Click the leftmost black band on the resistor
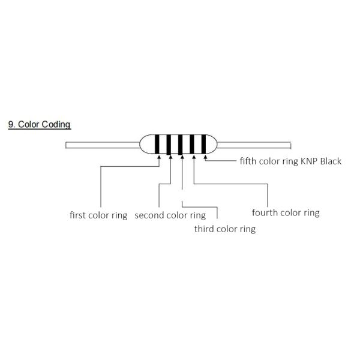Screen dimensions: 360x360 [x=159, y=145]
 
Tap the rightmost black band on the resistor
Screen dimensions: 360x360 [x=204, y=145]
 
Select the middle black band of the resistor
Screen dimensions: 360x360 [x=181, y=145]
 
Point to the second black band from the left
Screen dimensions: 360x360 [x=170, y=145]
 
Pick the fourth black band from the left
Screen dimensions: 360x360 [x=193, y=145]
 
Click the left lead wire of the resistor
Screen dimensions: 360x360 [x=102, y=145]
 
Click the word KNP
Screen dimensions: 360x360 [x=309, y=161]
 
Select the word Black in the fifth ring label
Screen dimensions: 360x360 [x=331, y=161]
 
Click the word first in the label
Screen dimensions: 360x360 [x=78, y=215]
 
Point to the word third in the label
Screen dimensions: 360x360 [x=204, y=229]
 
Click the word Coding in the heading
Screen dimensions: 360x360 [x=56, y=125]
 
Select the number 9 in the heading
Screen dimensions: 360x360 [x=11, y=125]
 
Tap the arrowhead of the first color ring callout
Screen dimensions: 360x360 [x=159, y=157]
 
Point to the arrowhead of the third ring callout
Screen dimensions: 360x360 [x=181, y=157]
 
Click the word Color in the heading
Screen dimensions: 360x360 [x=29, y=125]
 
